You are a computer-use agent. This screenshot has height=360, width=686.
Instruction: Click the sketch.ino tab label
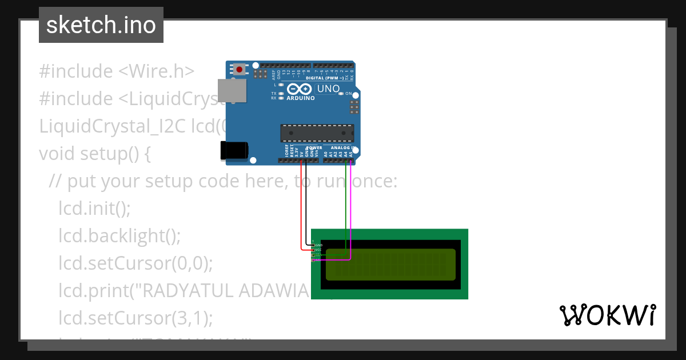101,25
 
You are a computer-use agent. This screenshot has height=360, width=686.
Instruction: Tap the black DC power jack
234,150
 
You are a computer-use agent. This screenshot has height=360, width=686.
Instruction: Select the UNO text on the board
328,89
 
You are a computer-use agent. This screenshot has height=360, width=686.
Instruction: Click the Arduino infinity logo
299,89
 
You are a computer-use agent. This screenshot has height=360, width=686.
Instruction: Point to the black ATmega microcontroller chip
316,133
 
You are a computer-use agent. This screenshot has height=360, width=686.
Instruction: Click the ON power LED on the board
341,93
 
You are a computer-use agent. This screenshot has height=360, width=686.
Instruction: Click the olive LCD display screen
390,264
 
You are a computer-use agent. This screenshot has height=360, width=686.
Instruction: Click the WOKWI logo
607,315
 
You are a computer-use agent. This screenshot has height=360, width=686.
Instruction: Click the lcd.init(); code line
94,209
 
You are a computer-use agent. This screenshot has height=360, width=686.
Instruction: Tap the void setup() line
94,154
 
